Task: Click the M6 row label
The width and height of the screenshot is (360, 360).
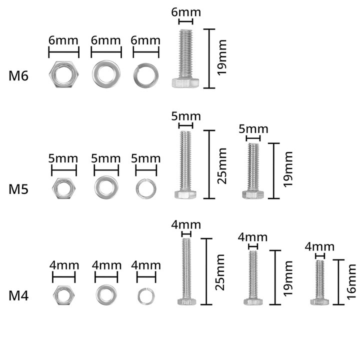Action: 18,76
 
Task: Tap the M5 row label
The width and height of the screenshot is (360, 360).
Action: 18,189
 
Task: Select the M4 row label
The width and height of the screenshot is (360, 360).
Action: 18,295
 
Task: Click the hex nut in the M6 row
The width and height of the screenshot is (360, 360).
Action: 64,63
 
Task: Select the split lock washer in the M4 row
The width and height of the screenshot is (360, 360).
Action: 146,289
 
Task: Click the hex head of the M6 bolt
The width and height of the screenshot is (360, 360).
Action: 185,83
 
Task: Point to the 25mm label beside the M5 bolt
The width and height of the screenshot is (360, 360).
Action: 222,166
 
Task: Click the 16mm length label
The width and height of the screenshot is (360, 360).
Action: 351,282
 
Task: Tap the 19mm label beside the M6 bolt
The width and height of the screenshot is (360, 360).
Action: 222,57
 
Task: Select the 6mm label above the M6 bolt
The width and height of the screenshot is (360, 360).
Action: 186,12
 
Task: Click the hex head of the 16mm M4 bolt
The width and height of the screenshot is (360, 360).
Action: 319,301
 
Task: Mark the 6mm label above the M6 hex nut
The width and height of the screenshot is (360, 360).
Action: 63,40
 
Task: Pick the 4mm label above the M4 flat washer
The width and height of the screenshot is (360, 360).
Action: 107,265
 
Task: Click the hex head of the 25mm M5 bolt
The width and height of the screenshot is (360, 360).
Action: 185,194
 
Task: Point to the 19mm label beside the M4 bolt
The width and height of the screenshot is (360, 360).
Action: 288,278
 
